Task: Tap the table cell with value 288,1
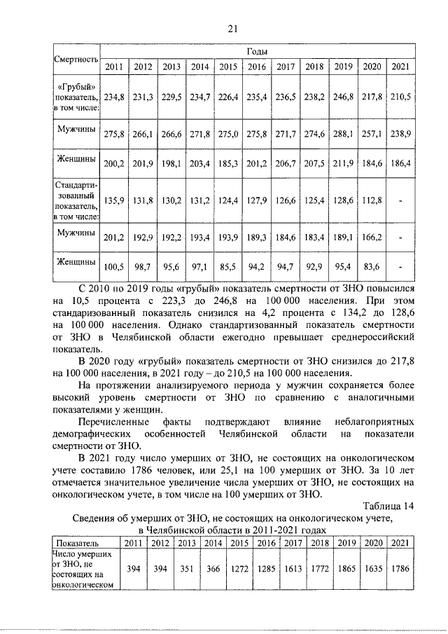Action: (x=343, y=132)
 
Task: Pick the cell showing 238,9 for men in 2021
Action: (x=400, y=132)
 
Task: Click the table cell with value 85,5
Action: (x=228, y=266)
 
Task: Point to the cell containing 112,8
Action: (x=372, y=200)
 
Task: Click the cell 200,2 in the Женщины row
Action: (x=114, y=164)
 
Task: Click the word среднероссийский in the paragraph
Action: (x=370, y=338)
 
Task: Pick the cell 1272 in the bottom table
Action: (x=241, y=569)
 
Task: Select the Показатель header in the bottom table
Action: (x=77, y=543)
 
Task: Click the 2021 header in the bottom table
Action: (x=399, y=543)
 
